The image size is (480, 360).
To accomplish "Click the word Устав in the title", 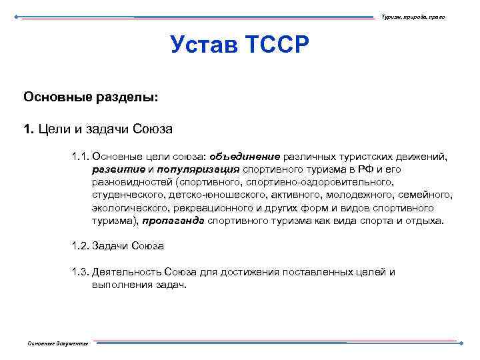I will coord(205,45).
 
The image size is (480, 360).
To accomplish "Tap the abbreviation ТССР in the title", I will coord(277,45).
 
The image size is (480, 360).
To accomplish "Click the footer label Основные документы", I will coord(57,343).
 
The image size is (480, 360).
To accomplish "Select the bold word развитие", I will coord(117,169).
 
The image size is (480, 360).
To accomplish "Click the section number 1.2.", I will coord(79,246).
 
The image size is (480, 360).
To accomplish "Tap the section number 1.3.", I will coord(79,272).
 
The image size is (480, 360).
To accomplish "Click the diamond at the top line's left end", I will coord(17,16).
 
